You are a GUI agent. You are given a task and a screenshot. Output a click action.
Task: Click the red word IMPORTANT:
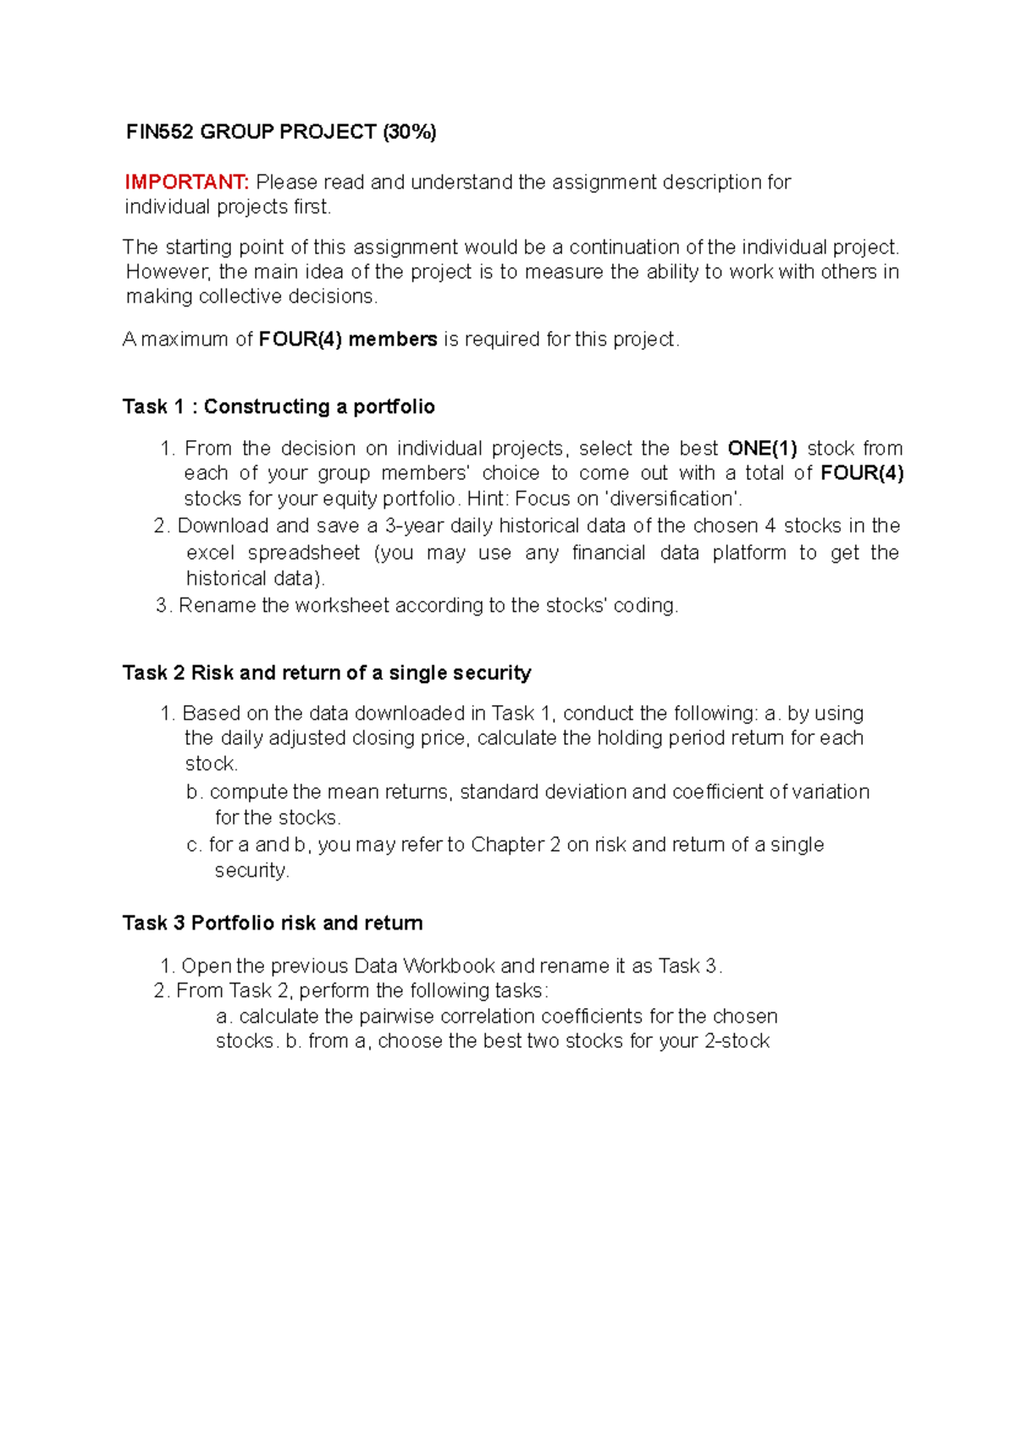tap(186, 182)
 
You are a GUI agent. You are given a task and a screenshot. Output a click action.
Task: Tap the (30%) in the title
tap(409, 132)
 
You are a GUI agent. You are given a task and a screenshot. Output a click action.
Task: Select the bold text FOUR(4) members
tap(348, 339)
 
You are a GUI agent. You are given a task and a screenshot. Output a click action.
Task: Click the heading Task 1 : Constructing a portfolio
tap(279, 407)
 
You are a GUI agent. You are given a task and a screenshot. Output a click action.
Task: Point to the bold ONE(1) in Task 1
tap(762, 449)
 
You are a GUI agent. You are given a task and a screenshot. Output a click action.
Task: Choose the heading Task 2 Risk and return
tap(327, 673)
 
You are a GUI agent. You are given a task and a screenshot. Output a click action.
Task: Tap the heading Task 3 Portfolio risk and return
tap(273, 924)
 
